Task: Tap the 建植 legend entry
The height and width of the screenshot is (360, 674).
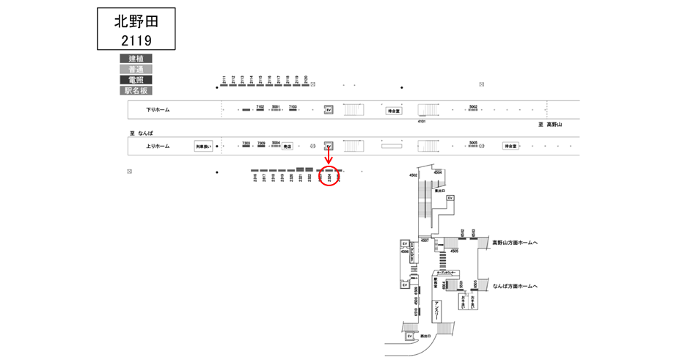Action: [136, 59]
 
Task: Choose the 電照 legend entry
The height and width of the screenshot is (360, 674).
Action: [136, 80]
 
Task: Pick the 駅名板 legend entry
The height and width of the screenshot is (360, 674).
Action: [136, 91]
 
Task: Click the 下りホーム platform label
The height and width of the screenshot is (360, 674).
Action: [158, 110]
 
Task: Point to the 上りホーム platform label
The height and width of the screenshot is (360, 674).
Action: [158, 146]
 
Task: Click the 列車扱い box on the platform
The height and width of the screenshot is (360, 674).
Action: [203, 147]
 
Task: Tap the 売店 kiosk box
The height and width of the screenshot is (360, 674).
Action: [287, 146]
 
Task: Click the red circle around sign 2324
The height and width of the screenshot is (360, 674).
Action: [329, 176]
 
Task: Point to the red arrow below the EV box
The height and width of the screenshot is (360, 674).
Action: [329, 158]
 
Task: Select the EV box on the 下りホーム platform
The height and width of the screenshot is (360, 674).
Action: [329, 110]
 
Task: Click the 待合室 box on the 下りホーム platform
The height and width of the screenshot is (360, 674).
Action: [395, 111]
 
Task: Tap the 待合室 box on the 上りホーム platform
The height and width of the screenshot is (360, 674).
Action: [510, 146]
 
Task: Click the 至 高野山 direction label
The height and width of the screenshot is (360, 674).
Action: [549, 125]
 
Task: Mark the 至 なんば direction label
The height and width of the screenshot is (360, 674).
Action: [141, 133]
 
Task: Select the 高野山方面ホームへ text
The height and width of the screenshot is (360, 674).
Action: [516, 242]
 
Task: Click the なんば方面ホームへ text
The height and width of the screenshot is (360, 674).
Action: [516, 286]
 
